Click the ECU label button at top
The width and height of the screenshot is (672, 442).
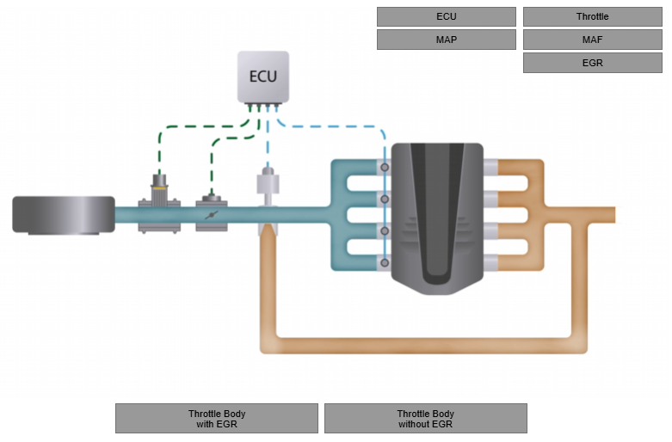pos(446,17)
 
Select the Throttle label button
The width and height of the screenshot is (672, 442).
pos(592,17)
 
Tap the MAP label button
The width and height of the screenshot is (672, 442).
pos(446,40)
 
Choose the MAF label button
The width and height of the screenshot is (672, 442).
pos(592,40)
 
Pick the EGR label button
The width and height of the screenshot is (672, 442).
pos(592,63)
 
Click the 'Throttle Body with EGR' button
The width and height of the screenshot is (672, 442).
pos(217,419)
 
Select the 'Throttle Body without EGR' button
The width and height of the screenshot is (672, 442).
pos(425,419)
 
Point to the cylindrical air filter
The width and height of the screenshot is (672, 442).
pos(64,214)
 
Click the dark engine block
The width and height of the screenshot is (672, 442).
pos(437,215)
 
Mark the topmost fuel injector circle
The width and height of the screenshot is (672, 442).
pos(385,167)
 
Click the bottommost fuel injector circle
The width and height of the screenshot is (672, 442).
pos(385,262)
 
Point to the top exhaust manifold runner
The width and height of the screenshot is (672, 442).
pos(520,167)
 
